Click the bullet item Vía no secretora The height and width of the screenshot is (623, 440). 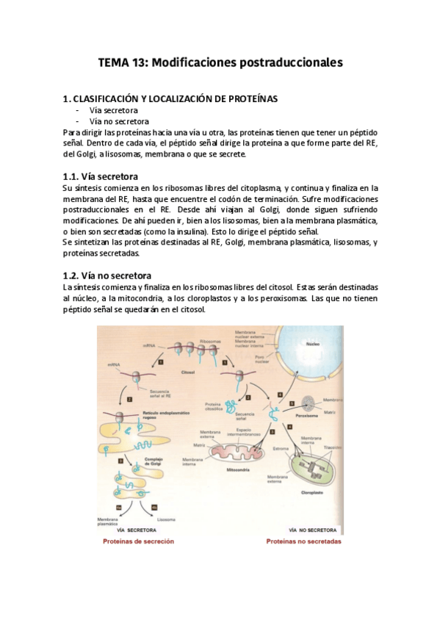pos(119,121)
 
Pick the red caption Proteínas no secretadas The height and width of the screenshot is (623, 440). pos(303,541)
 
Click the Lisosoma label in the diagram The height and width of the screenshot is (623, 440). pos(165,519)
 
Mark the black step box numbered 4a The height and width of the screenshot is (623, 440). pos(113,506)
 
